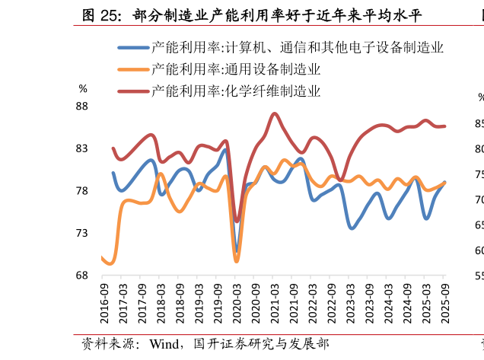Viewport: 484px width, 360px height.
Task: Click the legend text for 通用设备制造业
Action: point(235,69)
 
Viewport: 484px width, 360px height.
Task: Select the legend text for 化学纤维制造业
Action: point(235,91)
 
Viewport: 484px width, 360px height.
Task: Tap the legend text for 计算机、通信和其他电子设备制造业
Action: point(297,47)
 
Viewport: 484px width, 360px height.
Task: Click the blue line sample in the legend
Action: point(133,47)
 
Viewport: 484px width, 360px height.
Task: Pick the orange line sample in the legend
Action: point(133,69)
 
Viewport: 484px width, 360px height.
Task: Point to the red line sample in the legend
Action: point(133,91)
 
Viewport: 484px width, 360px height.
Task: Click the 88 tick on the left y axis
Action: point(82,107)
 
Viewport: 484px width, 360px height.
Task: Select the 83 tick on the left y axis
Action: point(82,149)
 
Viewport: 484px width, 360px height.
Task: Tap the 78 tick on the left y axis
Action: point(82,191)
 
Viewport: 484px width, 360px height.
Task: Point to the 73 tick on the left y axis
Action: point(82,233)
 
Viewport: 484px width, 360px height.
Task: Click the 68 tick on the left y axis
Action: point(82,276)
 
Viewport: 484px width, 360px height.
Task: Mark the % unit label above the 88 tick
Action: point(83,89)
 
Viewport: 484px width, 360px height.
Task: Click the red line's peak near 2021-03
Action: point(275,113)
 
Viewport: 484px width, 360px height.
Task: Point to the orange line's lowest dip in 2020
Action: point(237,261)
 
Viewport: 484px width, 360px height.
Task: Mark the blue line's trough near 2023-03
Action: point(352,228)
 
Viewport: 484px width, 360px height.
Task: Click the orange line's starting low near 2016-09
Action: point(110,263)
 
